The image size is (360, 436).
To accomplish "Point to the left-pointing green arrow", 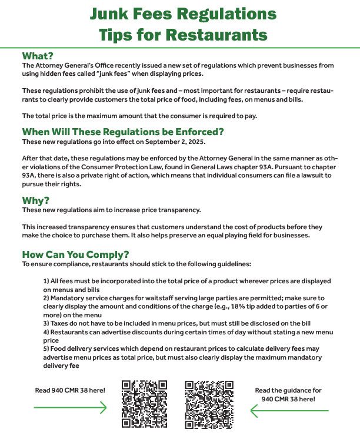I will [288, 410].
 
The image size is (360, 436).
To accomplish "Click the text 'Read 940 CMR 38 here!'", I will [71, 390].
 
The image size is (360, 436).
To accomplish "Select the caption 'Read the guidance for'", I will [288, 390].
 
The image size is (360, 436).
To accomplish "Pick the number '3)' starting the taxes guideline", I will [46, 323].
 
